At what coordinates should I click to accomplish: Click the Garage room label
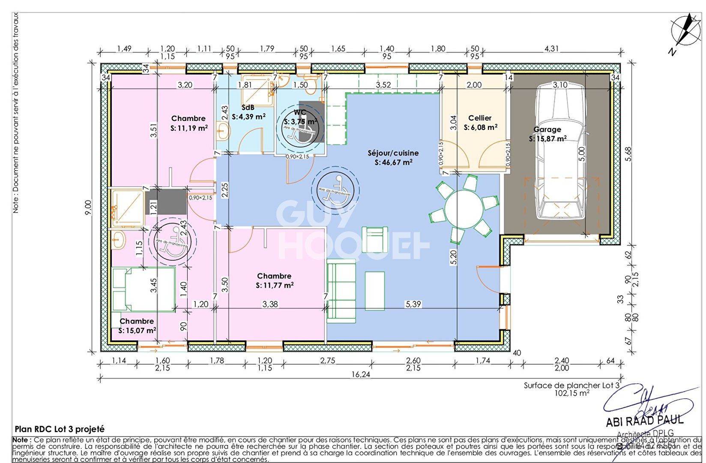coord(547,129)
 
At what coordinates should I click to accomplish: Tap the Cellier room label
coord(480,118)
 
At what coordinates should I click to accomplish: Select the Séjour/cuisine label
coord(393,153)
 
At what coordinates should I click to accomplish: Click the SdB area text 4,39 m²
coord(249,116)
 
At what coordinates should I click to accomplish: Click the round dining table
coord(464,209)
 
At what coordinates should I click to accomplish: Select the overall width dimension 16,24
coord(361,374)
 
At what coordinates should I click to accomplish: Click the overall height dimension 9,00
coord(88,207)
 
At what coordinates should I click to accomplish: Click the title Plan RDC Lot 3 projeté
coord(60,429)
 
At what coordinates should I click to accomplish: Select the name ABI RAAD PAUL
coord(645,421)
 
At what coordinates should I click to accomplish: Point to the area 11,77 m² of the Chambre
coord(275,285)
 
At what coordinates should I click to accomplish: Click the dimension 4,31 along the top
coord(552,48)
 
